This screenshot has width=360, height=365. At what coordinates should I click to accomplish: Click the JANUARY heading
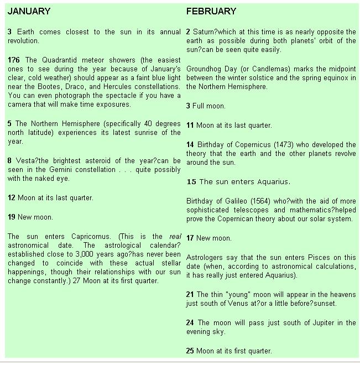(x=29, y=11)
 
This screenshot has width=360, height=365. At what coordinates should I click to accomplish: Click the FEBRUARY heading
(x=211, y=11)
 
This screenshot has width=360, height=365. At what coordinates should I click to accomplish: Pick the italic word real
(x=175, y=236)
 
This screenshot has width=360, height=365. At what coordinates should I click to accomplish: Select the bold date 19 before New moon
(x=12, y=217)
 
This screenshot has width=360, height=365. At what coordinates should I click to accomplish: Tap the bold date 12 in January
(x=12, y=197)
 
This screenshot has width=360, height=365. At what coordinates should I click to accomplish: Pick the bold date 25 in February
(x=190, y=351)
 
